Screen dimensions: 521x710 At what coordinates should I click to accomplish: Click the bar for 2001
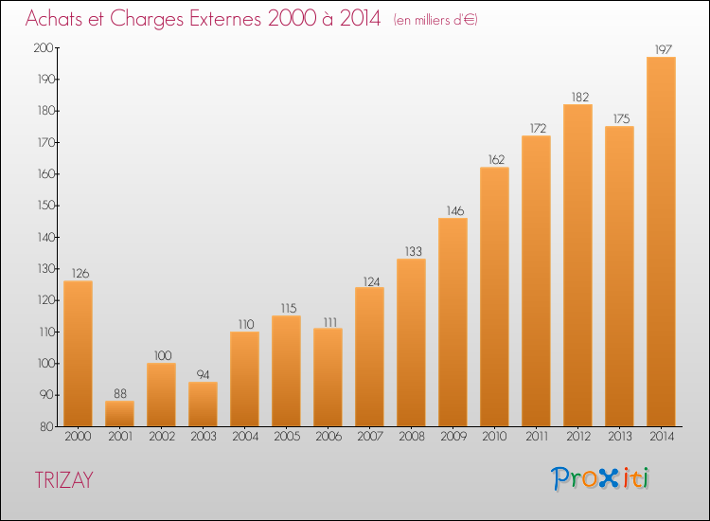tap(119, 414)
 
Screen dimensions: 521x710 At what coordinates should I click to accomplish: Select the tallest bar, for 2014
tap(661, 242)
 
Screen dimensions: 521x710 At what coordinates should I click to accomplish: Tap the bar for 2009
tap(453, 322)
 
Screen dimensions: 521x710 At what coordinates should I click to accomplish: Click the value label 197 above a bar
tap(661, 48)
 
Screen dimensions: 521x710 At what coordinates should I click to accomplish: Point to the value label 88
tap(119, 392)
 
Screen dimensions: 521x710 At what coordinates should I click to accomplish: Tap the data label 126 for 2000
tap(78, 273)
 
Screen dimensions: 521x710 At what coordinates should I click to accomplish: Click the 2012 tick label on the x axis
tap(577, 437)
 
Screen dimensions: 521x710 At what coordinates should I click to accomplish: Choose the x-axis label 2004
tap(244, 437)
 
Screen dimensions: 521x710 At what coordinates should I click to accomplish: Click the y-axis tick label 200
tap(43, 47)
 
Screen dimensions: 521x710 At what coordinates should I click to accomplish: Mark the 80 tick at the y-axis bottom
tap(45, 426)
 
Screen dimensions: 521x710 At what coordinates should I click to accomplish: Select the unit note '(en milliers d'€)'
tap(435, 20)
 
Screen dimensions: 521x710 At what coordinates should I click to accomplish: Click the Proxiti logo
tap(601, 478)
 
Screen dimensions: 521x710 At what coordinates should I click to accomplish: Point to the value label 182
tap(577, 96)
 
